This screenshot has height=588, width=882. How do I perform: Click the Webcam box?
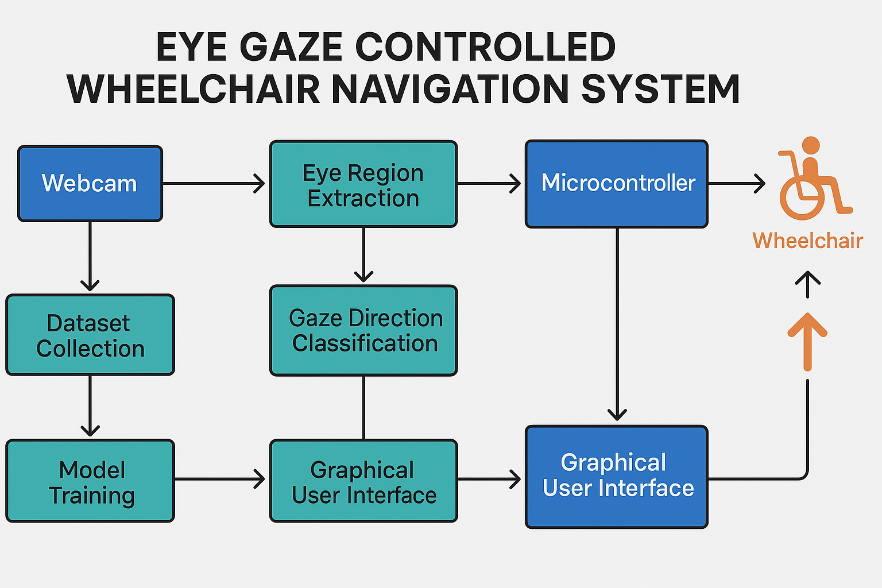click(x=90, y=184)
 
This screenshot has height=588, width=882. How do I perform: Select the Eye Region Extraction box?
click(x=363, y=184)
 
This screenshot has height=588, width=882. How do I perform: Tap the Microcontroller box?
click(x=617, y=184)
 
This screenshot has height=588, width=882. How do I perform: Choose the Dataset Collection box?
click(x=90, y=335)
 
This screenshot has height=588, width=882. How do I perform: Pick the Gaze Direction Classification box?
click(x=363, y=330)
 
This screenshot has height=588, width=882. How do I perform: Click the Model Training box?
click(x=90, y=481)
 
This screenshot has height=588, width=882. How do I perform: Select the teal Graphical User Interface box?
click(x=363, y=481)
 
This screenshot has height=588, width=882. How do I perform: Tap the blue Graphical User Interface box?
click(x=617, y=477)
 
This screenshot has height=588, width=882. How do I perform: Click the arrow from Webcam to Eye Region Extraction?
click(x=214, y=184)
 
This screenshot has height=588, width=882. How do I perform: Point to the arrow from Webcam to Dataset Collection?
click(x=90, y=256)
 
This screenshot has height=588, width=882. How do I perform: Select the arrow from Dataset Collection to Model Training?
click(x=90, y=406)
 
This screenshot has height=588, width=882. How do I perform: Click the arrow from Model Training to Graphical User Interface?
click(x=220, y=479)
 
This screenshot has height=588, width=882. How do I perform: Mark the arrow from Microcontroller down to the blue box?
click(x=617, y=324)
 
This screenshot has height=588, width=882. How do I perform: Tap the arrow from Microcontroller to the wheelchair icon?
click(x=736, y=184)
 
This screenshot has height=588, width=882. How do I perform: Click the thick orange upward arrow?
click(x=807, y=342)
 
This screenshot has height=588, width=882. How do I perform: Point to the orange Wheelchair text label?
click(x=807, y=241)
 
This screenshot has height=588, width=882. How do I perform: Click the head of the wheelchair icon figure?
click(x=811, y=146)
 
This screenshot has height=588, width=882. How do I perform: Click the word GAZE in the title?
click(x=291, y=47)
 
